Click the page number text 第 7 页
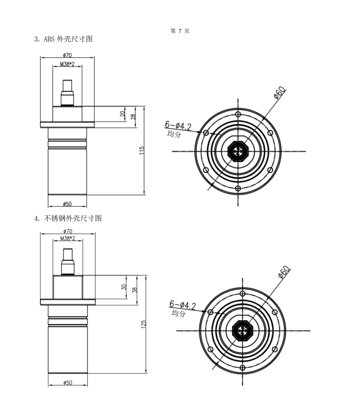[x=180, y=31]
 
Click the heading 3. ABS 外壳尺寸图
[x=64, y=39]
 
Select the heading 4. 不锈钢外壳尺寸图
[x=68, y=218]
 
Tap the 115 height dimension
[x=142, y=150]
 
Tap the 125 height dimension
[x=144, y=324]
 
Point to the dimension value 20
[x=122, y=115]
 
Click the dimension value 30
[x=123, y=287]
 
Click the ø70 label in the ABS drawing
[x=67, y=55]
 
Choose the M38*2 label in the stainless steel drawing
[x=67, y=239]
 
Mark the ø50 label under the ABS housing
[x=67, y=204]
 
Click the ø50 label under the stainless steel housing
[x=67, y=383]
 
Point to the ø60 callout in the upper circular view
[x=279, y=94]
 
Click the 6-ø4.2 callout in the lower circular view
[x=182, y=305]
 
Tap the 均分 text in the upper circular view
[x=174, y=134]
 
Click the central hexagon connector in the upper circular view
[x=238, y=151]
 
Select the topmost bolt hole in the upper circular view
[x=238, y=114]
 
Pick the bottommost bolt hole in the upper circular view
[x=238, y=188]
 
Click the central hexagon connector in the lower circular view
[x=242, y=330]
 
